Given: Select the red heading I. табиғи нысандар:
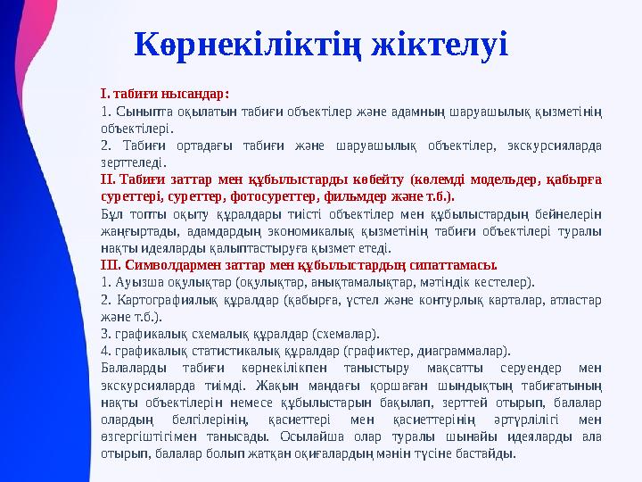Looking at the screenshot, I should (165, 93).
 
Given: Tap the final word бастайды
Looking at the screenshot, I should (488, 453).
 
